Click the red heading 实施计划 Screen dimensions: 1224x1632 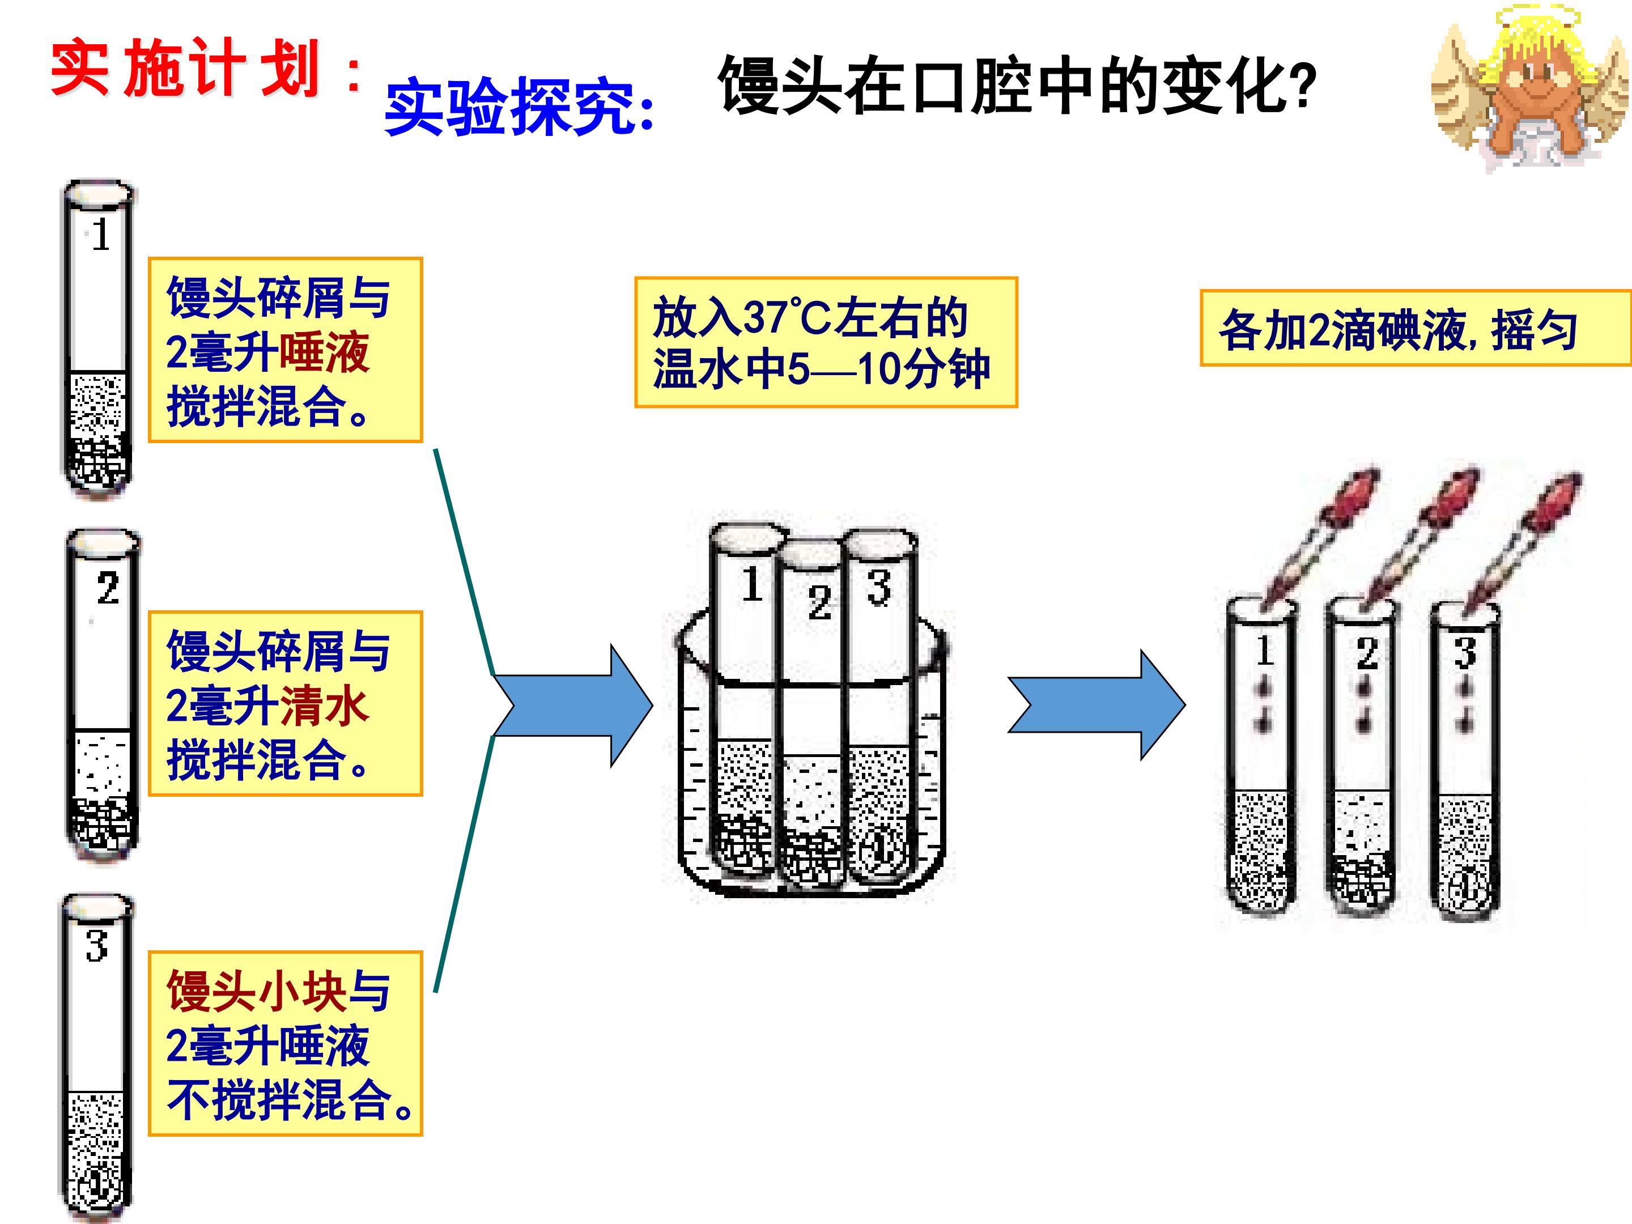tap(184, 70)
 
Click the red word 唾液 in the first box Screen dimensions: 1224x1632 tap(325, 352)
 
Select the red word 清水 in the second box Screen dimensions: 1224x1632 tap(325, 706)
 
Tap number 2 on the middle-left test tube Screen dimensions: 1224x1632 tap(108, 589)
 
